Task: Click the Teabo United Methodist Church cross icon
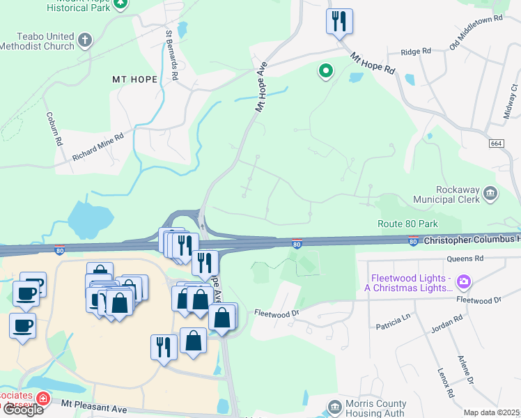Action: [86, 39]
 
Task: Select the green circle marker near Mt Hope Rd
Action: [325, 70]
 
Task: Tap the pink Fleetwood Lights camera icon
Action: [464, 282]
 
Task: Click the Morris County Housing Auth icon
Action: [335, 406]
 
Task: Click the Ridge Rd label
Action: [417, 52]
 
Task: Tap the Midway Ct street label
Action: [511, 100]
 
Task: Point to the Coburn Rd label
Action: [54, 127]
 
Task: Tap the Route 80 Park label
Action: [407, 224]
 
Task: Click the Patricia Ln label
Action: [394, 323]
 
